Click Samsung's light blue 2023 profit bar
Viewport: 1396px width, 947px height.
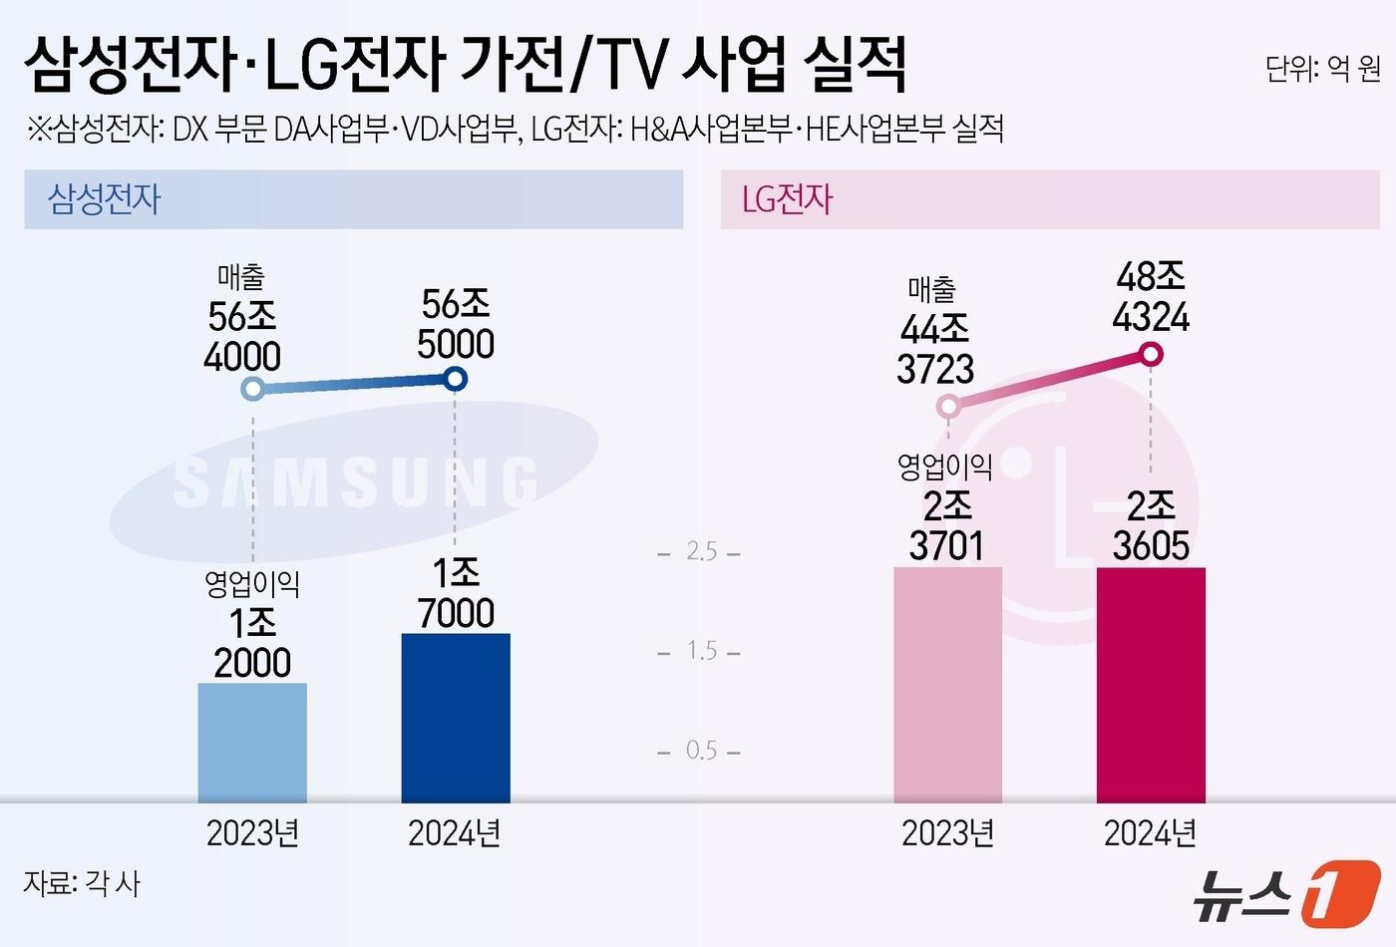tap(252, 743)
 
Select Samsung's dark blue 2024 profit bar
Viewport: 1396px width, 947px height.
tap(456, 718)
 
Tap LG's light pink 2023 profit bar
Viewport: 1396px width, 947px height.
tap(947, 685)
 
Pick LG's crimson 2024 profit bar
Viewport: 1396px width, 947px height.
tap(1151, 685)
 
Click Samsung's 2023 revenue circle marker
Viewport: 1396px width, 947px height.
tap(253, 388)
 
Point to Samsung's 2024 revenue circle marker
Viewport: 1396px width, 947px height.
tap(455, 379)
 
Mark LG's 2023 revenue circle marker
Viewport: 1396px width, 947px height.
tap(948, 406)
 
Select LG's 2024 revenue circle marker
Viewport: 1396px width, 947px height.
tap(1151, 354)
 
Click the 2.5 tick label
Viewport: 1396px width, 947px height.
tap(701, 551)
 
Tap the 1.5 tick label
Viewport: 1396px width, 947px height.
tap(701, 651)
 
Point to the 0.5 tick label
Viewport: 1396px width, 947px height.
tap(701, 750)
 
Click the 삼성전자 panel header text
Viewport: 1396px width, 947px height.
tap(105, 199)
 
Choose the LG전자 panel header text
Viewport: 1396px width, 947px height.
tap(787, 199)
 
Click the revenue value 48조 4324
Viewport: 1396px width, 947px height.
tap(1151, 297)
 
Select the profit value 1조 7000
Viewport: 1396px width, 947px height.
tap(456, 593)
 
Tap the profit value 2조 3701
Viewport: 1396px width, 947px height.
tap(946, 526)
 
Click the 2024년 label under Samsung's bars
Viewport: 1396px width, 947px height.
tap(455, 833)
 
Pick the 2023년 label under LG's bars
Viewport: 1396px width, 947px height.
tap(947, 833)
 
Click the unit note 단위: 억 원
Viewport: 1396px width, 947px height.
tap(1322, 69)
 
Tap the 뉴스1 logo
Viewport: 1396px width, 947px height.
tap(1286, 891)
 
